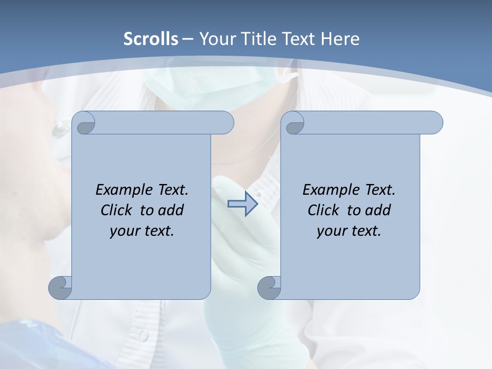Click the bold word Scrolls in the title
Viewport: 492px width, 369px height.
[151, 38]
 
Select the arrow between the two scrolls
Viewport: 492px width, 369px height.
[242, 204]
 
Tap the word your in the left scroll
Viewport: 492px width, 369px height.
[123, 231]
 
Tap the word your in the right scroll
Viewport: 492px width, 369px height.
[330, 231]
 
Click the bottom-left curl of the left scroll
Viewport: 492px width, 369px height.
[60, 287]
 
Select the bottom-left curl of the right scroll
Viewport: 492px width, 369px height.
[270, 287]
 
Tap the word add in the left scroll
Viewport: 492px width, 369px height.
[171, 210]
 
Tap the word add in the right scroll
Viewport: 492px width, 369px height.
[378, 210]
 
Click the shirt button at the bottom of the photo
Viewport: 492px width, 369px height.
[143, 336]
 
